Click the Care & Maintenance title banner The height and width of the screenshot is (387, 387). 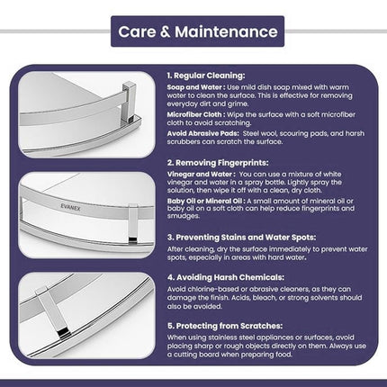(x=193, y=31)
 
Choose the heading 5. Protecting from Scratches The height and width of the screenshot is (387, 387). (x=225, y=324)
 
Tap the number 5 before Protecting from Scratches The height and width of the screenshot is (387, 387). (x=169, y=324)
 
